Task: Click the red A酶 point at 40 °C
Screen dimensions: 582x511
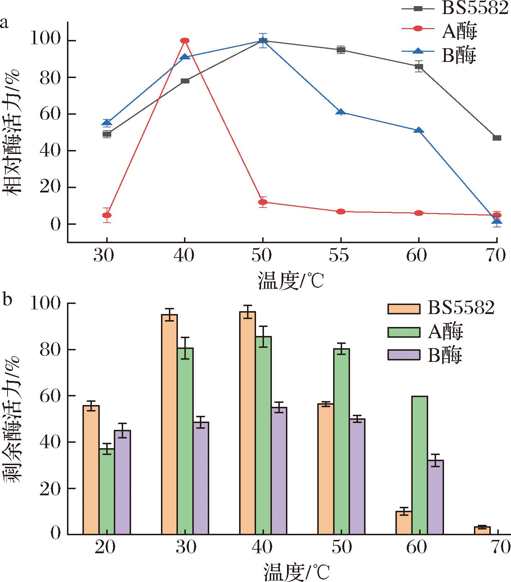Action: [185, 41]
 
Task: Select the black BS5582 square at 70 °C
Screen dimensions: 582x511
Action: [497, 138]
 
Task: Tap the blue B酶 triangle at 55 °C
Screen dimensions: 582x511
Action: [341, 112]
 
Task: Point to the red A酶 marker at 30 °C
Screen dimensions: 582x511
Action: [107, 215]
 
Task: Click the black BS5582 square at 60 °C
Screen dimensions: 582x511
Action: [419, 66]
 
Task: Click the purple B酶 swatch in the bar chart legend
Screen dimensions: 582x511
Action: [404, 355]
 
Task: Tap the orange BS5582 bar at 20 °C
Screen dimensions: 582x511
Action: [91, 470]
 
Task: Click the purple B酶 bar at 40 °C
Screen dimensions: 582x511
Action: [279, 471]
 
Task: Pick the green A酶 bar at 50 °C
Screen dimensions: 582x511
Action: [341, 441]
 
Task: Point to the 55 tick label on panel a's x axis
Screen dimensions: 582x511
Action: [340, 256]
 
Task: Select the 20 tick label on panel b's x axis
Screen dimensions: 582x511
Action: [105, 547]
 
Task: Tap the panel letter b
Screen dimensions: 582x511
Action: [8, 299]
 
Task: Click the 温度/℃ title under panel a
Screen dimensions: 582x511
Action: [291, 281]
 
